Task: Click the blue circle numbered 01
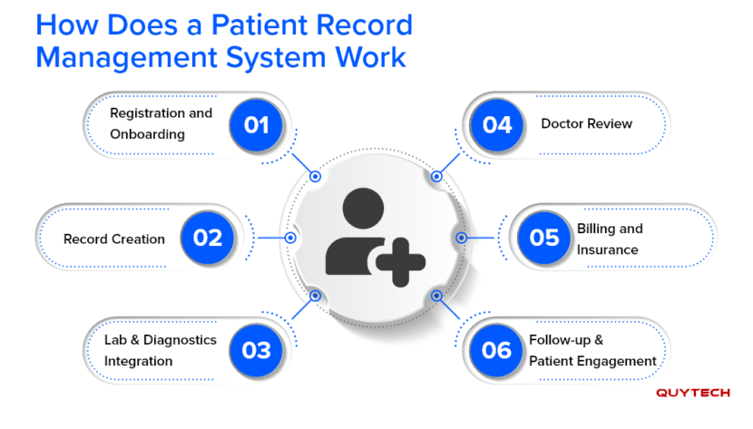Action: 257,124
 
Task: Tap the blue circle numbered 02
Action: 208,238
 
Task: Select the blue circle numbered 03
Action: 257,350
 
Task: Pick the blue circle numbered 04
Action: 497,124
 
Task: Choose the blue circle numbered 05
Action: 544,238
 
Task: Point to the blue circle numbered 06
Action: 497,350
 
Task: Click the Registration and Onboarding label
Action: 160,124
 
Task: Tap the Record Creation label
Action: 114,239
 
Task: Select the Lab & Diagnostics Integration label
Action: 160,350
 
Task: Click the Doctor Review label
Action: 586,124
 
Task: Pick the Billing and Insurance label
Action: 610,239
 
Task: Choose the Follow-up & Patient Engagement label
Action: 592,350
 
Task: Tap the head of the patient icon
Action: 362,208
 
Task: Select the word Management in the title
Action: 116,58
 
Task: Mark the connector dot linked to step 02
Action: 290,239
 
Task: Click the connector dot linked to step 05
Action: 461,238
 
